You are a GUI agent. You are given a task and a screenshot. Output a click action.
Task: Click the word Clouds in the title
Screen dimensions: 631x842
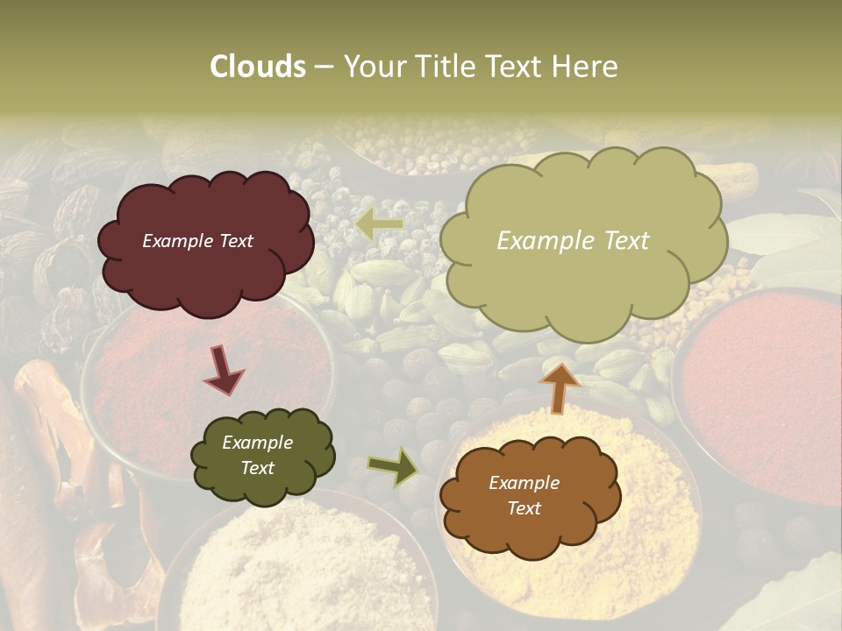[258, 67]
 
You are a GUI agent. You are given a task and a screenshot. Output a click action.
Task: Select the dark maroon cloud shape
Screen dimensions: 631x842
[205, 243]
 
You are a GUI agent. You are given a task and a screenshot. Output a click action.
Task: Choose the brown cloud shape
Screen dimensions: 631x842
[529, 496]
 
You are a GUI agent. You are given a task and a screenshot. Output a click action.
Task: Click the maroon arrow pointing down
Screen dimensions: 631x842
[225, 369]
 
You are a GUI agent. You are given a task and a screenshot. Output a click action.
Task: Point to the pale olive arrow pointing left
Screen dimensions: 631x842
[379, 225]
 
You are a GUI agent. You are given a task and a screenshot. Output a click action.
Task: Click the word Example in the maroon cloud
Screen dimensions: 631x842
[174, 241]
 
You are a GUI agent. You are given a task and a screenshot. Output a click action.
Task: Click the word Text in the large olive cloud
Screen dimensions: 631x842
[618, 241]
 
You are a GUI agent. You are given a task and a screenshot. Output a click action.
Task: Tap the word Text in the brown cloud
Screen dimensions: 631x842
[524, 508]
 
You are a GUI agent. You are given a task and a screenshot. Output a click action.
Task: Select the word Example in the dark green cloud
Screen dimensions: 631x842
[257, 443]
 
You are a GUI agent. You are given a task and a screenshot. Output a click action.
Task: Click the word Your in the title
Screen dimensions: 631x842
[367, 67]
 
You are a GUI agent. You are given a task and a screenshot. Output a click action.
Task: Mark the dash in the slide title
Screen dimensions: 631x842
[324, 67]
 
